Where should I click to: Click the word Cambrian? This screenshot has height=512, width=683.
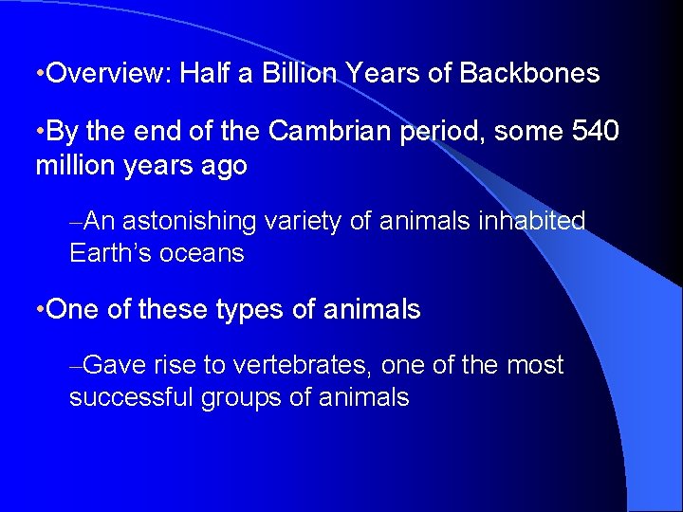[x=330, y=131]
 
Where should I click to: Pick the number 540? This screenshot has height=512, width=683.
[x=594, y=131]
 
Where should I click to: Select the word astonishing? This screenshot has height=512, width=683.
[x=189, y=221]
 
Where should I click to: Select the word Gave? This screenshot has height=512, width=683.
[x=121, y=365]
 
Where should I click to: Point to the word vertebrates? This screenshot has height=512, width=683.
[x=287, y=365]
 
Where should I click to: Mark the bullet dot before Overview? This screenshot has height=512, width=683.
[x=38, y=75]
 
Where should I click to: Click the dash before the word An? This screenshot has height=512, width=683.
[x=75, y=222]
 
